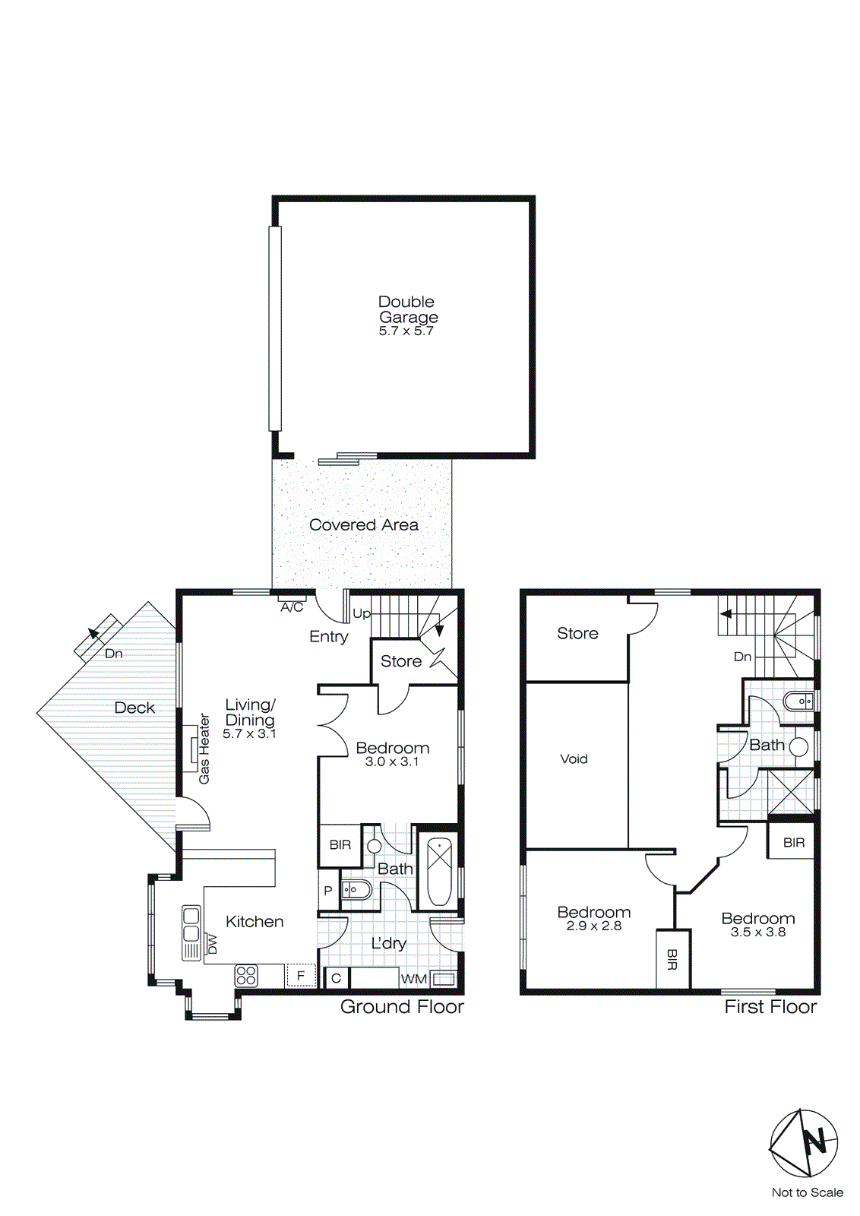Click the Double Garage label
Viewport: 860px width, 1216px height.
408,309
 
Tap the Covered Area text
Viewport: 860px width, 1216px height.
363,524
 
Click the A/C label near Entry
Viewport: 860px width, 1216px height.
292,607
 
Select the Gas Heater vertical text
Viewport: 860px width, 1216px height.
204,749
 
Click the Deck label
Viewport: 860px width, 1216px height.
134,708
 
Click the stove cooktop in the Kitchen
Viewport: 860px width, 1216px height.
246,975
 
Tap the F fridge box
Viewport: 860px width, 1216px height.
301,975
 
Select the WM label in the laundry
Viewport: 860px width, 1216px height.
413,979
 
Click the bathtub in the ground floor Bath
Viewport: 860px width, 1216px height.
439,871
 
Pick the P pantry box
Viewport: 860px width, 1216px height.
328,891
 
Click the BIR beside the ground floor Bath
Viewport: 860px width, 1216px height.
340,845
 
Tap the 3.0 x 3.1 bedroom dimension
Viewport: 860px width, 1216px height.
391,762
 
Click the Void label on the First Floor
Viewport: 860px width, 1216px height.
574,758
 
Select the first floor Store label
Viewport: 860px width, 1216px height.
577,633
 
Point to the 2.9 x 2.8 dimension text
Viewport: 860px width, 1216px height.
593,926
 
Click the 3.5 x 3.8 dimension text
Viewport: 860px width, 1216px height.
757,932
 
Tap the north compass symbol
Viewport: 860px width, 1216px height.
804,1143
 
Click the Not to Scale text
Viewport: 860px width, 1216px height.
807,1192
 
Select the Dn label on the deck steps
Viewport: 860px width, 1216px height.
113,654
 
